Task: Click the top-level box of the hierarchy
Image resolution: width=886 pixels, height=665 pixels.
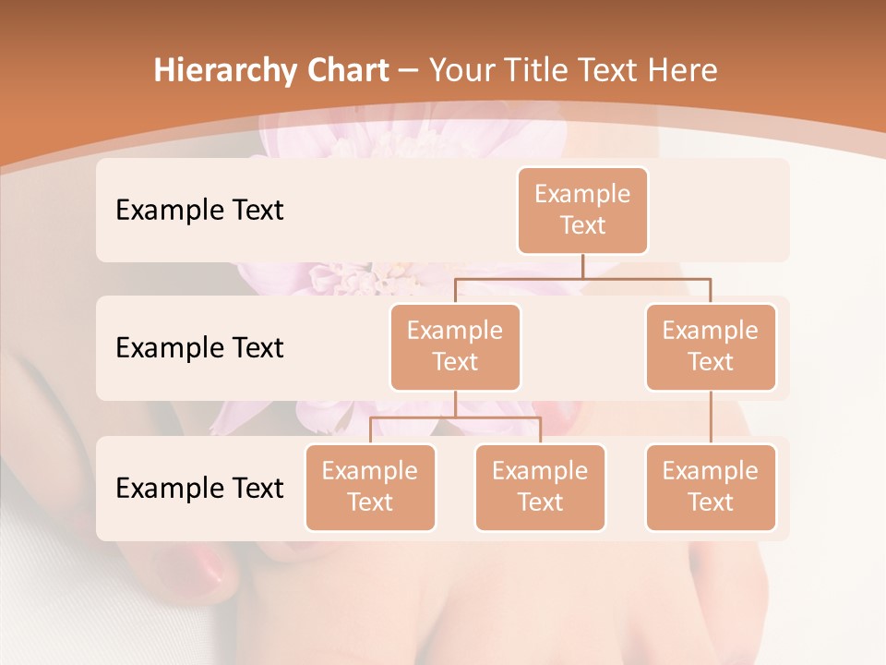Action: pos(582,210)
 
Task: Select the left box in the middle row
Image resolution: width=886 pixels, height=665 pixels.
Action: pos(455,346)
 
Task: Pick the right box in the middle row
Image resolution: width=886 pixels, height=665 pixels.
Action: pos(711,346)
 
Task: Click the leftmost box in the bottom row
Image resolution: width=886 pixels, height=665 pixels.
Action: pos(370,487)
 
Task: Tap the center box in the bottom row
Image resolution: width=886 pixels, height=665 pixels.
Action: pos(540,487)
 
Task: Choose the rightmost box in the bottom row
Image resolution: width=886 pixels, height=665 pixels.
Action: pos(711,487)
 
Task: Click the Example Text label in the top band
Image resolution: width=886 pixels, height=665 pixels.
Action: pos(199,211)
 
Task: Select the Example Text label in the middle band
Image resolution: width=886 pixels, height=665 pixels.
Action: pos(199,348)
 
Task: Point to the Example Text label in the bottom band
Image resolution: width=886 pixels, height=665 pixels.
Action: pos(199,488)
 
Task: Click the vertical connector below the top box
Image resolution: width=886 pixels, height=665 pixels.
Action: pos(582,265)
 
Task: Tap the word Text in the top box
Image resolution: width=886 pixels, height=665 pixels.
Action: pos(582,225)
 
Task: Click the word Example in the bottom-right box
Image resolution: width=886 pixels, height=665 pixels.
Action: pos(711,471)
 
